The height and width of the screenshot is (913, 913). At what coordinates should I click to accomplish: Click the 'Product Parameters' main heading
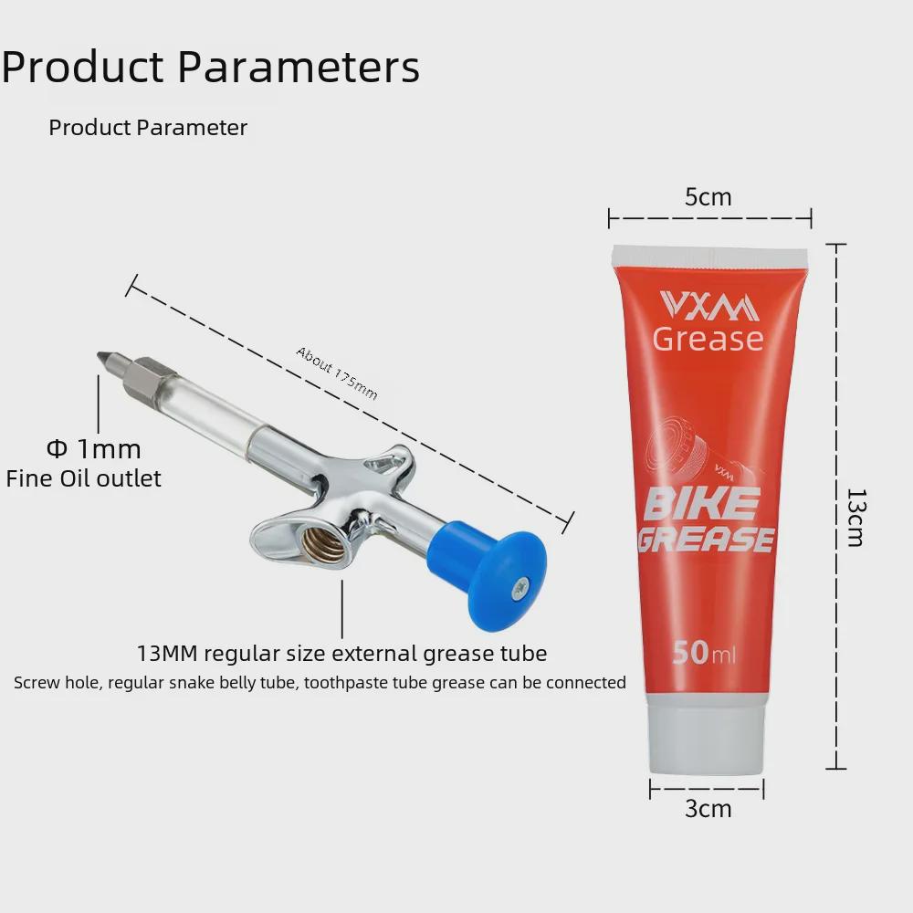[x=210, y=67]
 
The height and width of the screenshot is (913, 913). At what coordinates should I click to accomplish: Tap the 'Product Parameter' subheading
[x=148, y=128]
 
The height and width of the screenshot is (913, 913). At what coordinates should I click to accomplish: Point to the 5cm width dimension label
[x=708, y=197]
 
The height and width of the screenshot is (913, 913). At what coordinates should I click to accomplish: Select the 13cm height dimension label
[x=855, y=518]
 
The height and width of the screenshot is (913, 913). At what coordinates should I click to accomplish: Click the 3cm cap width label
[x=708, y=808]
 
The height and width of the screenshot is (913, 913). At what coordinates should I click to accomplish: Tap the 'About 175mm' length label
[x=337, y=373]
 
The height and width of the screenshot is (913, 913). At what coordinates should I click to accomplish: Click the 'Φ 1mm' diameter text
[x=94, y=449]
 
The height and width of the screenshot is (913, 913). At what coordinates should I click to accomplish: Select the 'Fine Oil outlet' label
[x=83, y=478]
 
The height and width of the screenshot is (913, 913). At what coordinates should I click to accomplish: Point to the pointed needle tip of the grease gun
[x=98, y=354]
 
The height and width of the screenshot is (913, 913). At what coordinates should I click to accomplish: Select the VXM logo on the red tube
[x=709, y=306]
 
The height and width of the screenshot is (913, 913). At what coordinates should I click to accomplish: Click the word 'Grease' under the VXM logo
[x=708, y=339]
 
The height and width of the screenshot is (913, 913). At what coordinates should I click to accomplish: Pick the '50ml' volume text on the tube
[x=704, y=653]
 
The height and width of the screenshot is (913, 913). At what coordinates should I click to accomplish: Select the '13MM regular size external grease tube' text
[x=341, y=654]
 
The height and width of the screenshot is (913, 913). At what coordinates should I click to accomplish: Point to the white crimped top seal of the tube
[x=709, y=257]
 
